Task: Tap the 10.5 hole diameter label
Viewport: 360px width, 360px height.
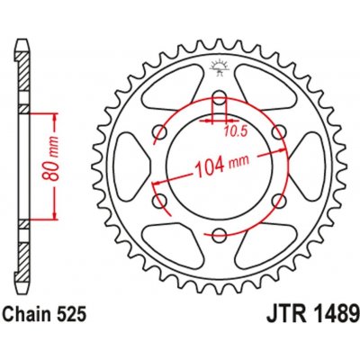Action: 235,131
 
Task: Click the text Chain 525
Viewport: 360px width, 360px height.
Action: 44,306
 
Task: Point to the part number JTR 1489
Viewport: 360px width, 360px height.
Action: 312,307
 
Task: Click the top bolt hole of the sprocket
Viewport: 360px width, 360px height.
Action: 220,97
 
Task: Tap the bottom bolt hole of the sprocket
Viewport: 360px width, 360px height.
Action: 220,235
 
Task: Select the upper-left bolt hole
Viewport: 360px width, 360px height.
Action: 160,131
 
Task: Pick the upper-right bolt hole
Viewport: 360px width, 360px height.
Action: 279,131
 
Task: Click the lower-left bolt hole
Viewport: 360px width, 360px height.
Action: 160,201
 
